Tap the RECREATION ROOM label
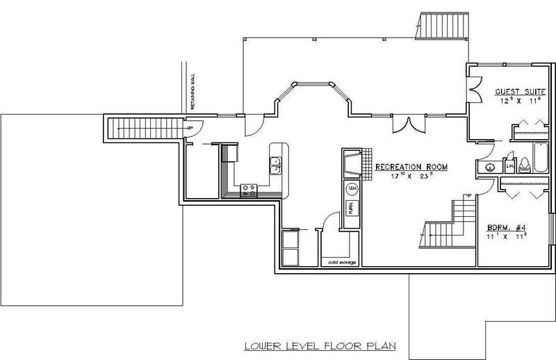click(x=411, y=167)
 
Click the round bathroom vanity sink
click(x=489, y=167)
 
